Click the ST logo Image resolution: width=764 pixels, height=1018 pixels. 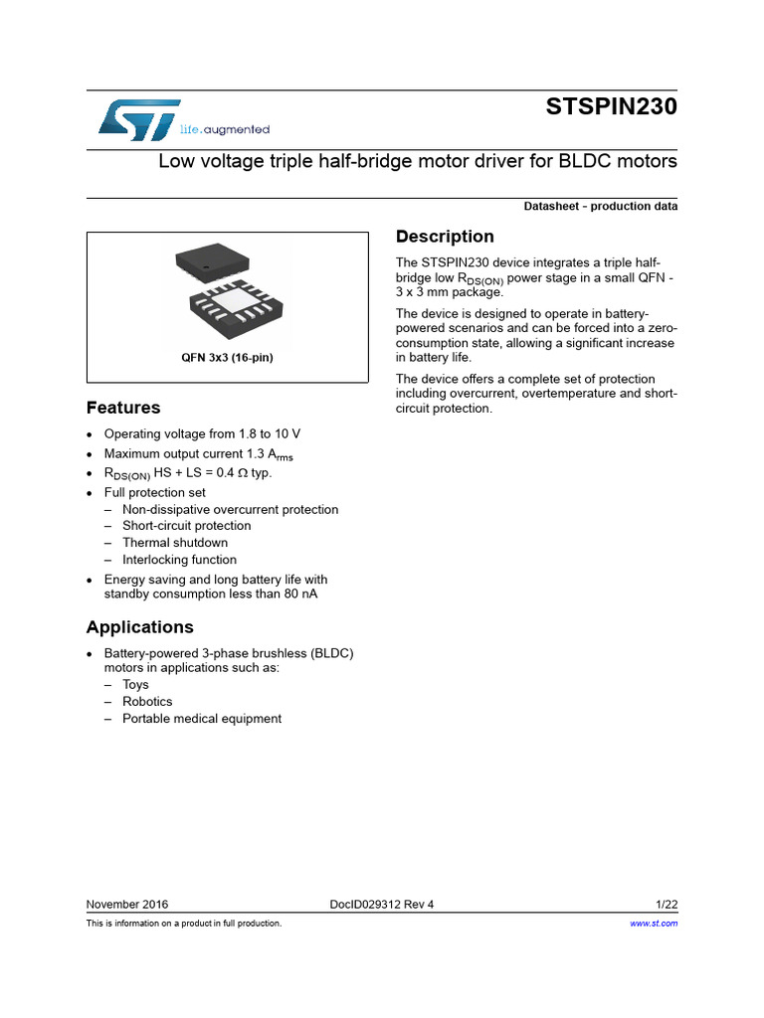139,118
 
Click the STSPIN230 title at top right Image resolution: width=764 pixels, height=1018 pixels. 611,107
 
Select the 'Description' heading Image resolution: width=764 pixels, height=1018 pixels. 445,237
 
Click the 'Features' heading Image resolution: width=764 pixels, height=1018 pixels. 123,408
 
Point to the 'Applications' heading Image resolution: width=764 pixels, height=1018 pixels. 140,627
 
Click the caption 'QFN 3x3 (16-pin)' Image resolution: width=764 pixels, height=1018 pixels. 227,358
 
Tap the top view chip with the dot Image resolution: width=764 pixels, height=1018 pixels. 211,262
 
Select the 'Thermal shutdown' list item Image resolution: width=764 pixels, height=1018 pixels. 175,543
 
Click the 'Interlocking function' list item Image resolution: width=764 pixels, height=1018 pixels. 179,560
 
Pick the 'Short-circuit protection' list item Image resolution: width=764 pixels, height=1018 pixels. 187,526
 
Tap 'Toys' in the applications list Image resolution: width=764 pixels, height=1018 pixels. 135,685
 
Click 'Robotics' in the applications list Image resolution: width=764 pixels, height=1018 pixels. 147,702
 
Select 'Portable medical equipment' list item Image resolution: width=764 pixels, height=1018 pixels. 202,719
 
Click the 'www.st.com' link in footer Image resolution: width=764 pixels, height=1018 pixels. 655,924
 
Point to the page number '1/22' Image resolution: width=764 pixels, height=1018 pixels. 667,905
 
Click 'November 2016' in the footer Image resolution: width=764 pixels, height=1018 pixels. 127,905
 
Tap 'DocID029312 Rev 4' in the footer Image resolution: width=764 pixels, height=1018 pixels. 382,905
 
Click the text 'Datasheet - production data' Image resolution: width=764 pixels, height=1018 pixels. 601,207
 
